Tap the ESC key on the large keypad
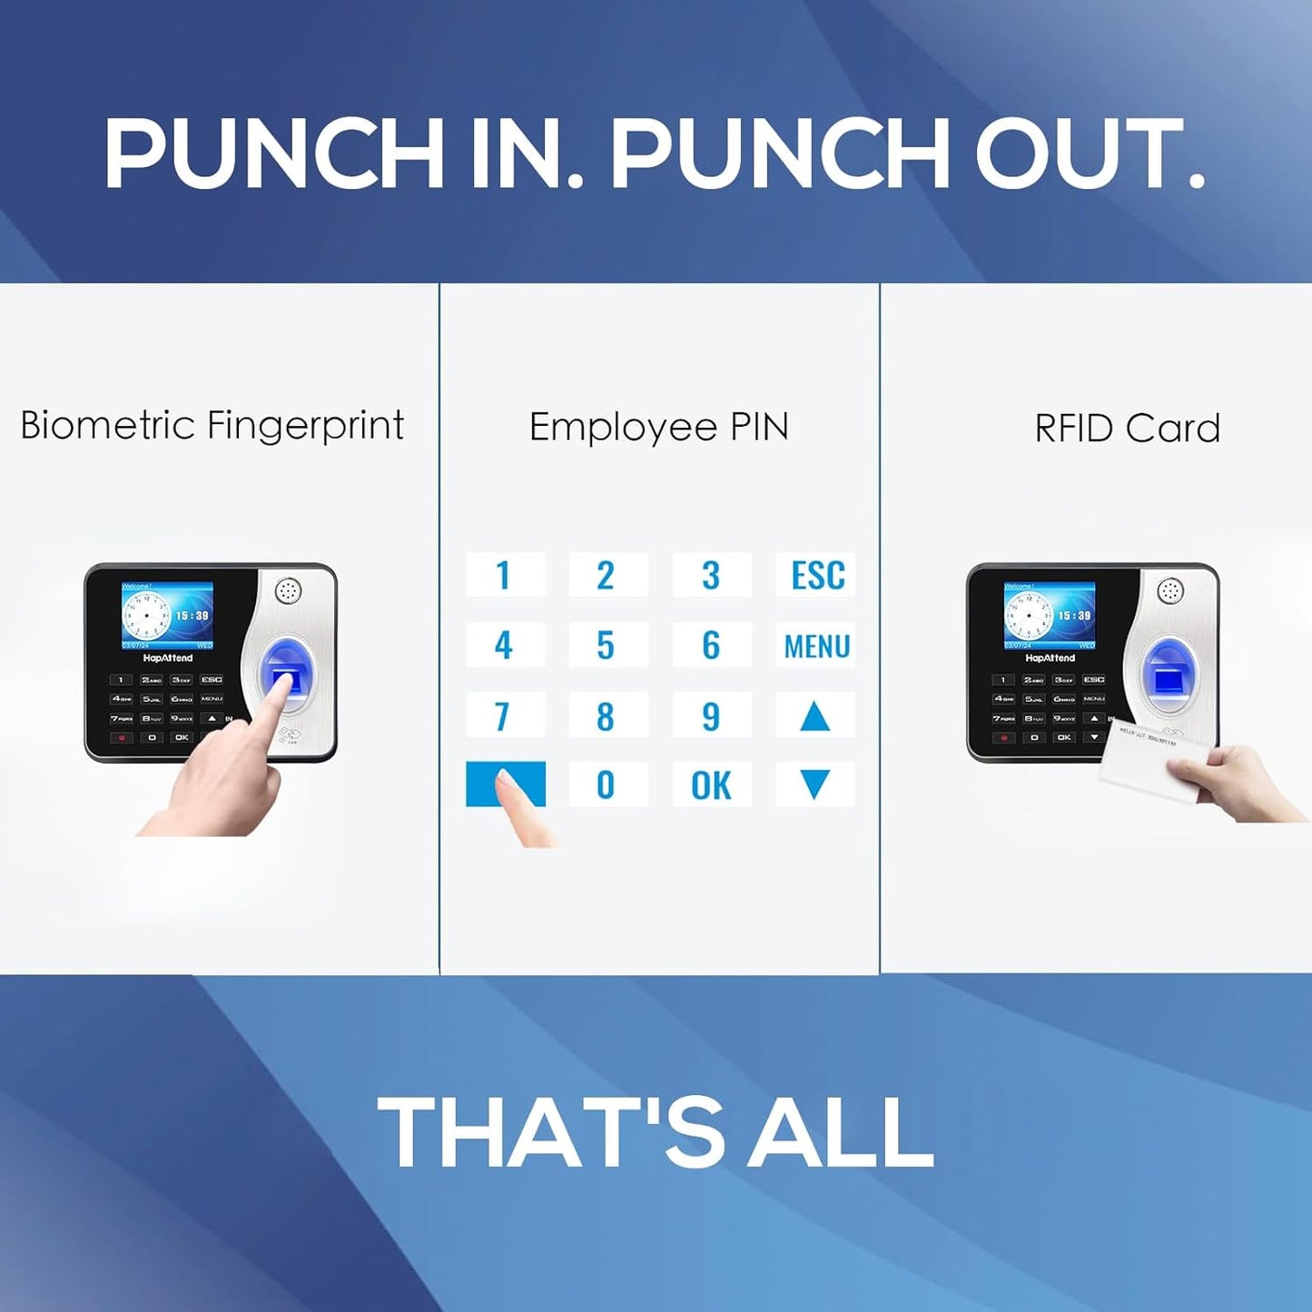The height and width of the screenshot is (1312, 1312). coord(815,575)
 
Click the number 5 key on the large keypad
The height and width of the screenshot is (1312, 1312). coord(607,646)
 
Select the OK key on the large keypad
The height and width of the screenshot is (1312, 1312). coord(711,785)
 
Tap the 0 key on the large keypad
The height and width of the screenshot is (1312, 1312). coord(607,785)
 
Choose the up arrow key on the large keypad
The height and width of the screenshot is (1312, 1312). coord(814,717)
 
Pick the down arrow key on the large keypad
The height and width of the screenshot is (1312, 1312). coord(814,784)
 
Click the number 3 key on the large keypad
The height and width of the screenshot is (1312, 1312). coord(711,575)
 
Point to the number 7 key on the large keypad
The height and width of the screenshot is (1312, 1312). coord(504,716)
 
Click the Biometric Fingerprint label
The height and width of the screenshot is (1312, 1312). coord(212,426)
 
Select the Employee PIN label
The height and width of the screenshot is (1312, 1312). coord(658,427)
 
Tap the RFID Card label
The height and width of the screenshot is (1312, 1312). coord(1127,429)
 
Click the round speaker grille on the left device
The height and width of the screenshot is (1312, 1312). coord(289,591)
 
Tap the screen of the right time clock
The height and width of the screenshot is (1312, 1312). coord(1050,616)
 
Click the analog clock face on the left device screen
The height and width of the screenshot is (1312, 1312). coord(146,616)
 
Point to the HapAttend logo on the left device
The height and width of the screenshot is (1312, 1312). coord(168,657)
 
